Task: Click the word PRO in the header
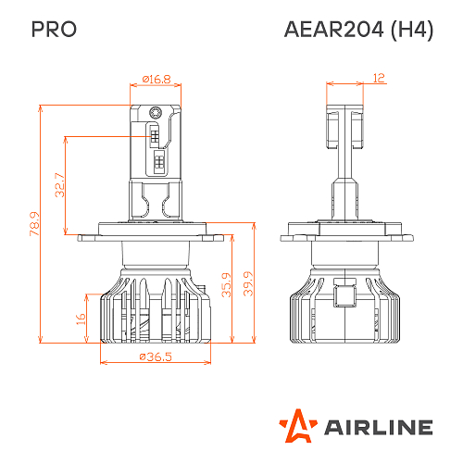coord(54,30)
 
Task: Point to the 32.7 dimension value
coord(59,185)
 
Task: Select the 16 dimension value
coord(81,319)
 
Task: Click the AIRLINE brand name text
coord(377,427)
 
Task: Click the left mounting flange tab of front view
coord(87,237)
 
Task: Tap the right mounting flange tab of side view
coord(394,236)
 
